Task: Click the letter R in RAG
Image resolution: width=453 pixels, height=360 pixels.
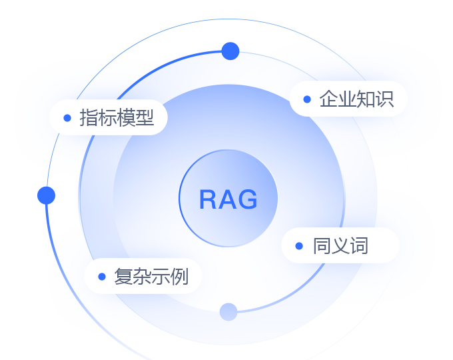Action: (209, 199)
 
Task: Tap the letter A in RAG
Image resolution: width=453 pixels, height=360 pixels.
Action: (228, 199)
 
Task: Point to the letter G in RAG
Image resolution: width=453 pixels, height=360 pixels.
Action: (247, 199)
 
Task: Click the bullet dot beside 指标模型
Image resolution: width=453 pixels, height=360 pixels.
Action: (67, 118)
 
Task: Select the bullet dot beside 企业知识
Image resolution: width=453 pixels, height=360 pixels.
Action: (306, 99)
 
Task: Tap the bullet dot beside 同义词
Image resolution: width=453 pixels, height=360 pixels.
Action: (299, 245)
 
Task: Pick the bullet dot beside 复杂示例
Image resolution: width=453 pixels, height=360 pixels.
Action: (101, 276)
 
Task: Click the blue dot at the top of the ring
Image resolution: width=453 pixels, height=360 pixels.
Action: (230, 51)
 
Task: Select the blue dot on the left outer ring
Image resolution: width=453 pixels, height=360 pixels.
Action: (47, 195)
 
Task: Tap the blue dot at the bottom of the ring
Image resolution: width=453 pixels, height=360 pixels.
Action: (228, 311)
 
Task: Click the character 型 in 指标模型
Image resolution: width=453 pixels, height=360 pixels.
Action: (145, 118)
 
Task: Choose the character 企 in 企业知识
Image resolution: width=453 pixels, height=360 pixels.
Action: (328, 99)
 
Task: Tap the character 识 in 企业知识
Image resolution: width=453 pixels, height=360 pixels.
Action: (384, 99)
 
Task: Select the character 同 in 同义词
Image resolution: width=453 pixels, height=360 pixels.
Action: (322, 245)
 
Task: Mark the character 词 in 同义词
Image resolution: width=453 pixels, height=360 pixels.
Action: (359, 245)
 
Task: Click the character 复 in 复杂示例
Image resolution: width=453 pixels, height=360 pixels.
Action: (123, 276)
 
